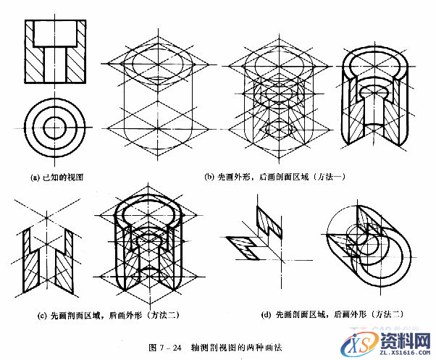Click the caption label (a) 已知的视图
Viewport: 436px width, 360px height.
coord(59,176)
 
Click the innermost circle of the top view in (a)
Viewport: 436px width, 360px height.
coord(54,125)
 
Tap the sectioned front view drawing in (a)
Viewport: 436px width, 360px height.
coord(54,53)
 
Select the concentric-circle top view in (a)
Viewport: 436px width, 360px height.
coord(54,125)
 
